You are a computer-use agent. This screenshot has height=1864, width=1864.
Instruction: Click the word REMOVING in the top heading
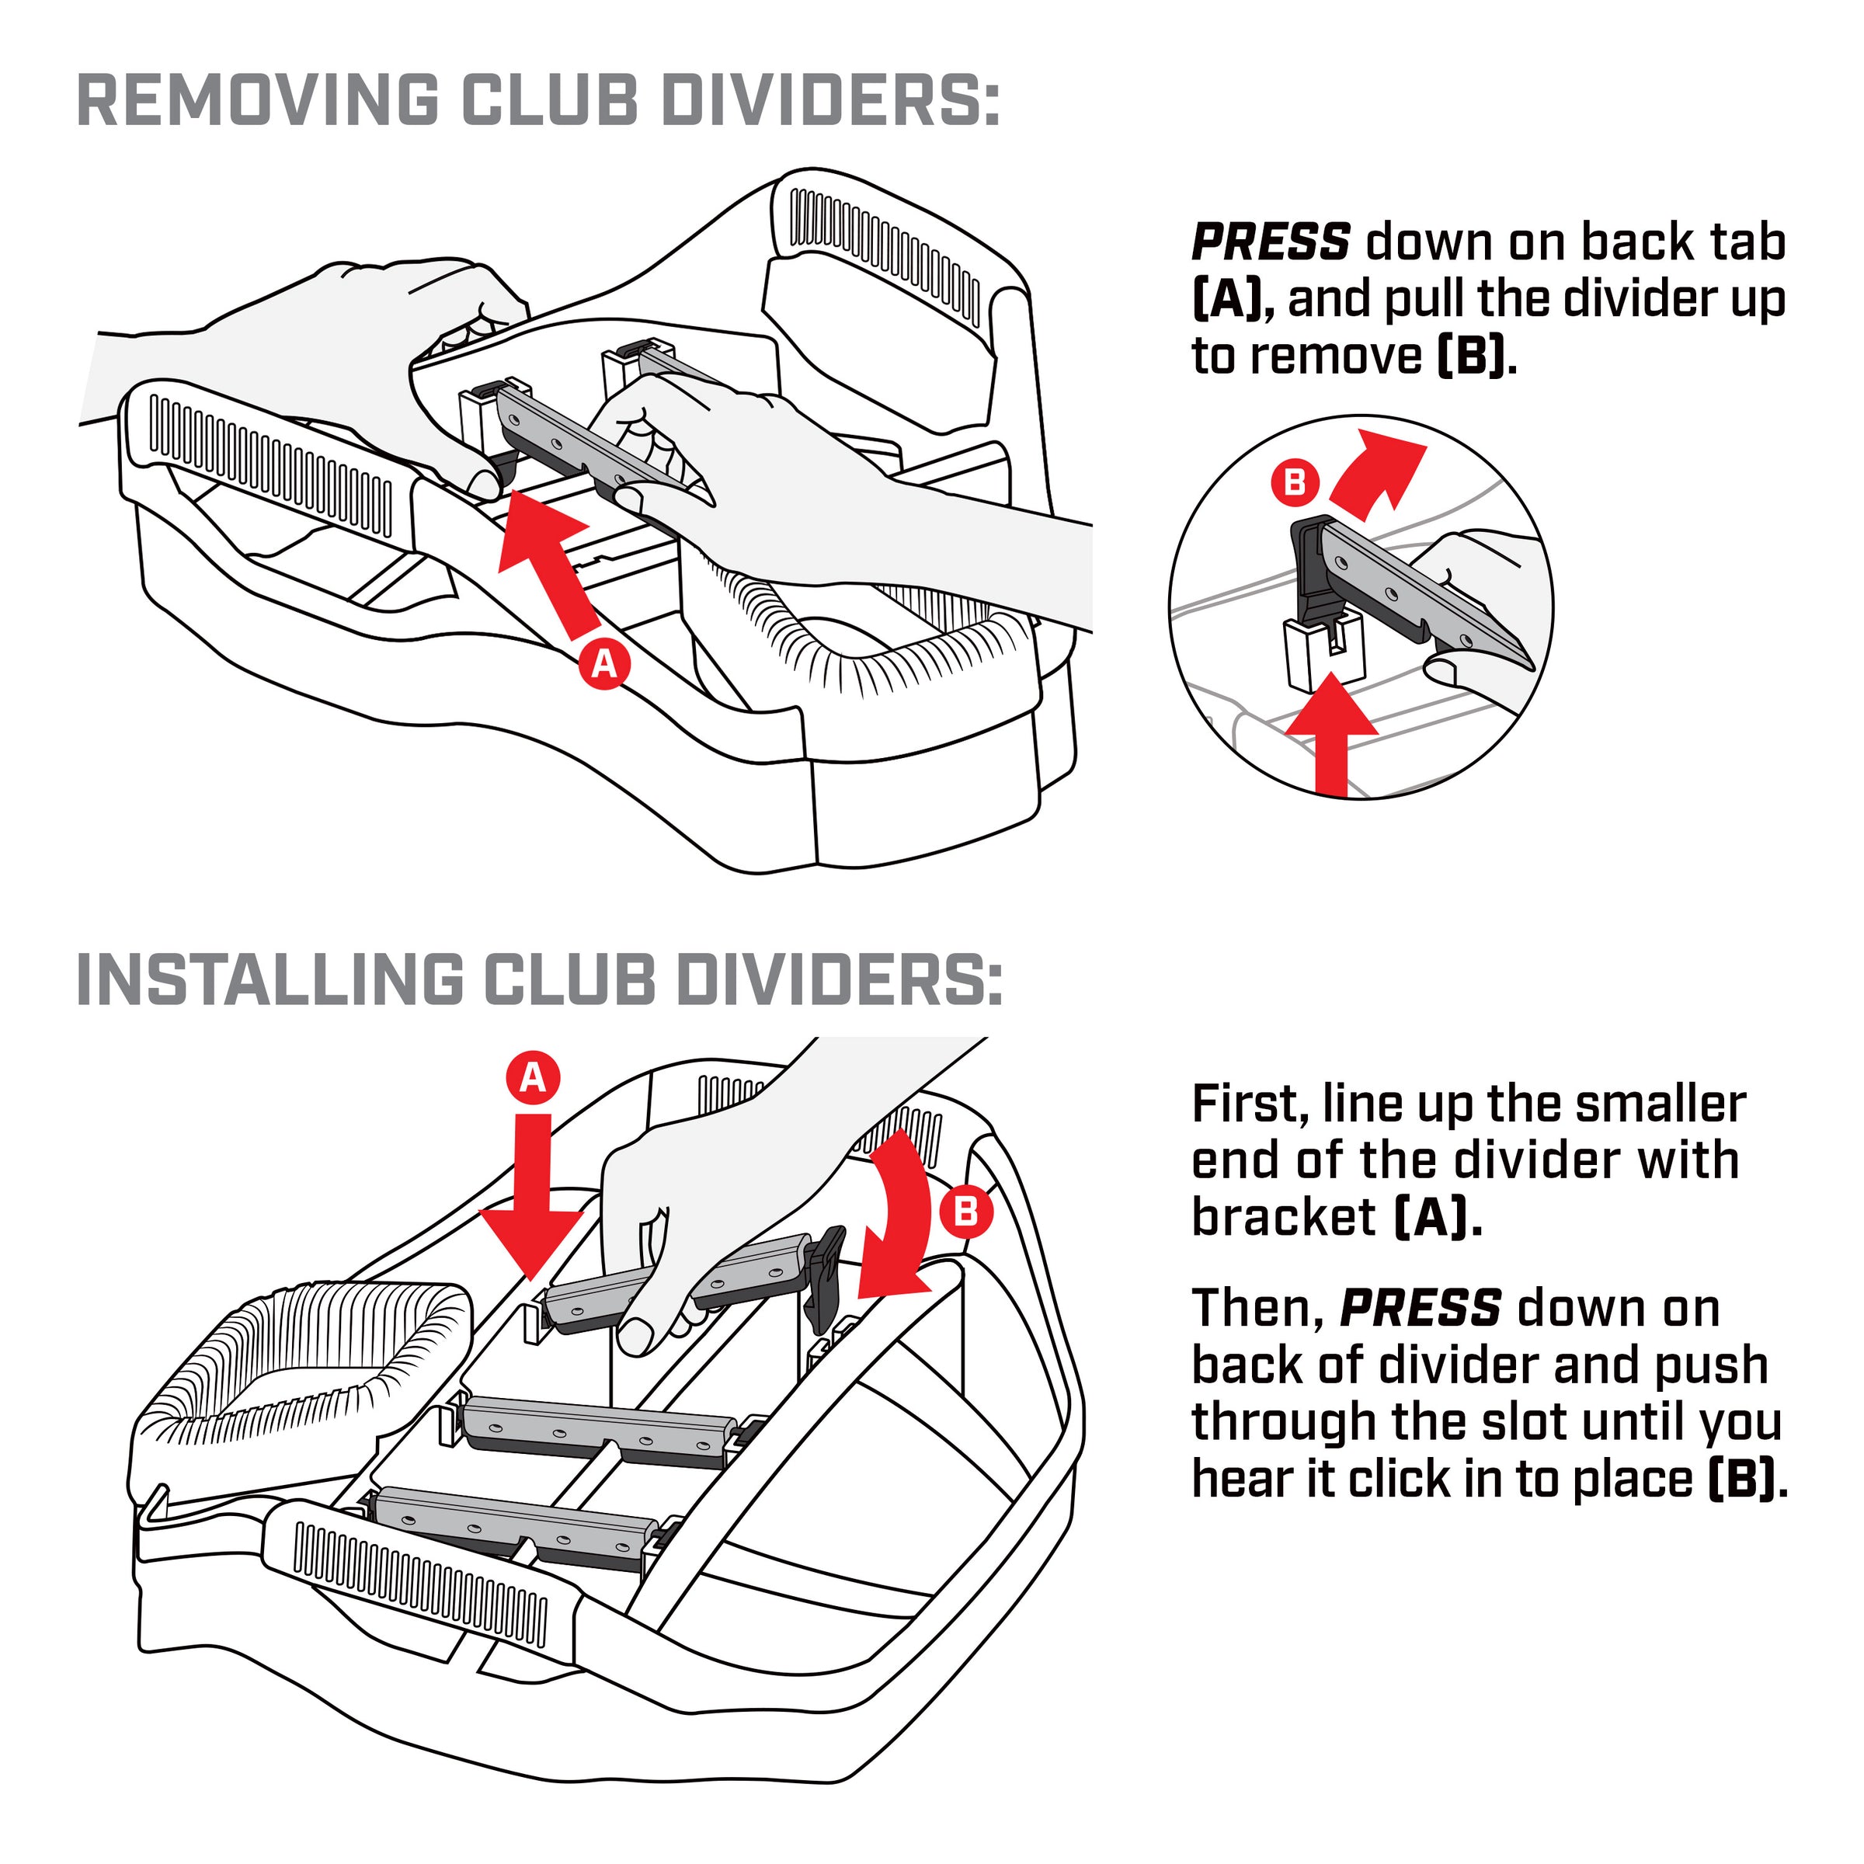tap(256, 99)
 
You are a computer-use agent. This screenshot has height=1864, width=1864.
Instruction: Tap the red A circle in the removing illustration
tap(605, 664)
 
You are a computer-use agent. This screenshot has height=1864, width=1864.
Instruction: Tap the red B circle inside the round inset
tap(1295, 482)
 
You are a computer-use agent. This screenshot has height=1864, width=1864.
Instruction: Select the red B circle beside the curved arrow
tap(965, 1211)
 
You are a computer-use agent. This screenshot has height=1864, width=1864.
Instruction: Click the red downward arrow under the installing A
tap(533, 1196)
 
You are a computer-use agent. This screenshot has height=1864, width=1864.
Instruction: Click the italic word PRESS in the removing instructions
tap(1270, 242)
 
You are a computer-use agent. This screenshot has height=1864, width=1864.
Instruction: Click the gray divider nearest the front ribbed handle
tap(511, 1527)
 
